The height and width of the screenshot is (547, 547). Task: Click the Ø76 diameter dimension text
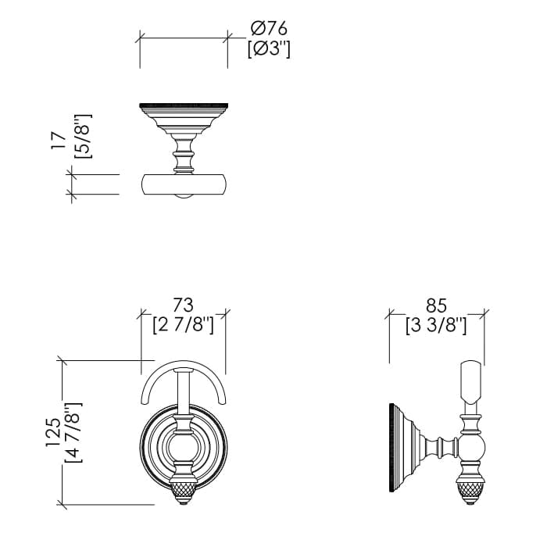[x=269, y=28]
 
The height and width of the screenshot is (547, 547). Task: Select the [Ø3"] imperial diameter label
[x=269, y=49]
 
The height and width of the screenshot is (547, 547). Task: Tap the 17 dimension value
[x=59, y=141]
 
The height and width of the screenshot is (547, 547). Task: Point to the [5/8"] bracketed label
[x=84, y=136]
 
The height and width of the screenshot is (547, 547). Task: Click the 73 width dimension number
[x=184, y=306]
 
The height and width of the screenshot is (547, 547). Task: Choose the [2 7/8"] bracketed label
[x=184, y=326]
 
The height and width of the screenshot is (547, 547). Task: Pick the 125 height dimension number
[x=53, y=432]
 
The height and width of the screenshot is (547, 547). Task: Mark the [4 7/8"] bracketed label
[x=73, y=432]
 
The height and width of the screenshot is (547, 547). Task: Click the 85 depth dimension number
[x=436, y=306]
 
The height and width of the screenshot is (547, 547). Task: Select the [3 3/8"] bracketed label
[x=436, y=326]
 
